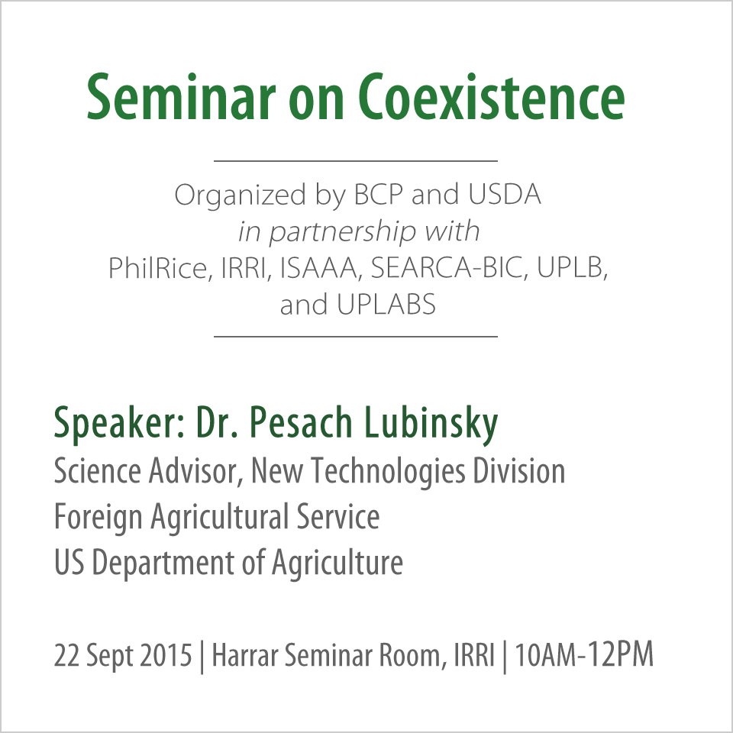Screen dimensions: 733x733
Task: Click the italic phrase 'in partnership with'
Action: [x=358, y=231]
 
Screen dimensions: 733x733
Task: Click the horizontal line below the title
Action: [x=356, y=161]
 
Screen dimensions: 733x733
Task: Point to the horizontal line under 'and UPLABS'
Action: [x=356, y=336]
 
